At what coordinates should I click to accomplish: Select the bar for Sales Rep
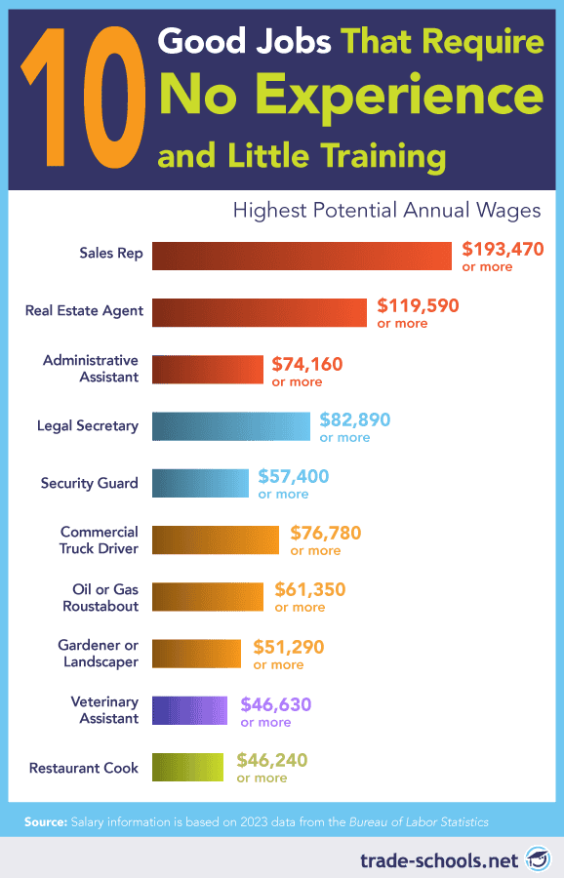[302, 256]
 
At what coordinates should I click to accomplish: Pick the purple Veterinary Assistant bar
[189, 709]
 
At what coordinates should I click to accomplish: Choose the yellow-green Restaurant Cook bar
[187, 767]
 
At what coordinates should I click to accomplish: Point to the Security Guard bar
[200, 483]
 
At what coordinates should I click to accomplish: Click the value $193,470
[503, 249]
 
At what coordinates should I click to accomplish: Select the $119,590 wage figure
[418, 305]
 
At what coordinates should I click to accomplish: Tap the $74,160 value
[307, 364]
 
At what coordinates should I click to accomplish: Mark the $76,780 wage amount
[326, 534]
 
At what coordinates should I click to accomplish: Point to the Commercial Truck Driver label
[100, 539]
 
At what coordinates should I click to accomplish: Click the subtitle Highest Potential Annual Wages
[385, 210]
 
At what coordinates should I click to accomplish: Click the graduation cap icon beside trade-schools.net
[536, 858]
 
